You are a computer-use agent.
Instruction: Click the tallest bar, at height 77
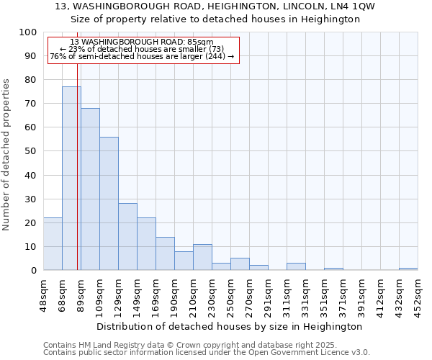pyautogui.click(x=71, y=179)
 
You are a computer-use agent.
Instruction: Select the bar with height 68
pyautogui.click(x=90, y=189)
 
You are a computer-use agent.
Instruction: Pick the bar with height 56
pyautogui.click(x=109, y=203)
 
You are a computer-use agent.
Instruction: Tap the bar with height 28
pyautogui.click(x=127, y=237)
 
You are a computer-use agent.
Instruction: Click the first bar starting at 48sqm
pyautogui.click(x=53, y=244)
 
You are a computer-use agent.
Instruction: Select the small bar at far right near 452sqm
pyautogui.click(x=408, y=269)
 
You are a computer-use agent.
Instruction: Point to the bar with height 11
pyautogui.click(x=202, y=257)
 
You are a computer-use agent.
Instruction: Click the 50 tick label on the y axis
pyautogui.click(x=30, y=151)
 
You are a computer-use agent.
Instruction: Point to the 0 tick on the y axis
pyautogui.click(x=33, y=270)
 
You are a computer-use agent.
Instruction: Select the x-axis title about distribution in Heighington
pyautogui.click(x=229, y=326)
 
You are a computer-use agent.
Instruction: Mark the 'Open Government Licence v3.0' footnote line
pyautogui.click(x=207, y=353)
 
